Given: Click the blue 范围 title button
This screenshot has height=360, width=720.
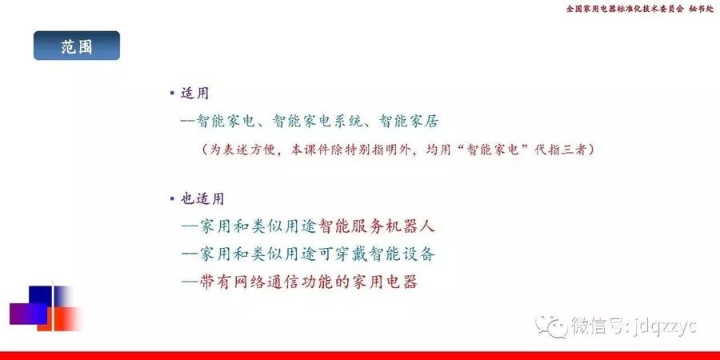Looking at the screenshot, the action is (x=77, y=46).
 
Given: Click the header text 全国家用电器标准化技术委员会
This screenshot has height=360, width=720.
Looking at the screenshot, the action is (x=625, y=9).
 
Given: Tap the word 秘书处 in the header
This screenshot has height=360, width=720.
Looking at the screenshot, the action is (x=702, y=9).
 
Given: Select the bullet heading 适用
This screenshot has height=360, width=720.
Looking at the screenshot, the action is (x=194, y=94).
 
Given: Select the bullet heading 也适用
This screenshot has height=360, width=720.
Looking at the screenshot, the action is (x=202, y=199).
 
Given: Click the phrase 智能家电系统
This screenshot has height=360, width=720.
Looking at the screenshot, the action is (x=317, y=121).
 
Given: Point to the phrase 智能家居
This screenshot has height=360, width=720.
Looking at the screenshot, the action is (x=409, y=121).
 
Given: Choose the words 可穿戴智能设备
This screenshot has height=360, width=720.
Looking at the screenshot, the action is (x=369, y=254).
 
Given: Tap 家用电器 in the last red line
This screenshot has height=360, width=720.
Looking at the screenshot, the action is (x=385, y=282).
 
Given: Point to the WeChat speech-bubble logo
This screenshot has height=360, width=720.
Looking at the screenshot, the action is (x=551, y=326).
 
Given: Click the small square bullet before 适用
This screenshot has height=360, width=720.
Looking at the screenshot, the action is (x=172, y=94).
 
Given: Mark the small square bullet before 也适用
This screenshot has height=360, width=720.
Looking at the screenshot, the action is (x=172, y=199).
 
